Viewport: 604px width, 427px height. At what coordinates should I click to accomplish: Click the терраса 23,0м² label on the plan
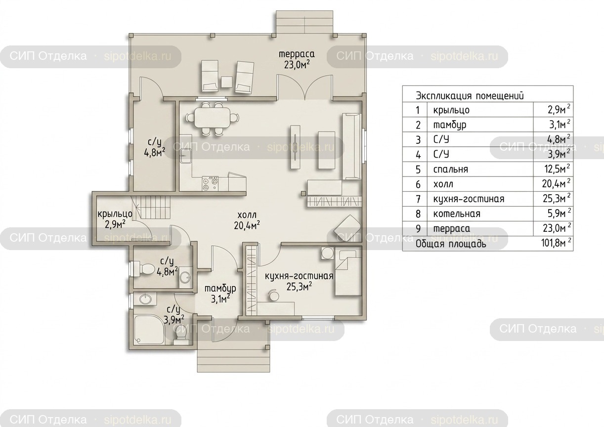coord(297,60)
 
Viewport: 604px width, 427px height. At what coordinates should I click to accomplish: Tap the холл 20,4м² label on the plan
coord(247,220)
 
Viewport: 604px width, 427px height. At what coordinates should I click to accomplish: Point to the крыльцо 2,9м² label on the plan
coord(115,219)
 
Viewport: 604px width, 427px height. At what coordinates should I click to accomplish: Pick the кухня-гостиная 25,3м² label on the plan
coord(299,281)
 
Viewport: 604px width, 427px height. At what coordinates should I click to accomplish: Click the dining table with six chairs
coord(213,119)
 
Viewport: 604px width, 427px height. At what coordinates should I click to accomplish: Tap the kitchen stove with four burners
coord(210,183)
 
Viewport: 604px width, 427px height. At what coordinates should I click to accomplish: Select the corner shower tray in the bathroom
coord(149,329)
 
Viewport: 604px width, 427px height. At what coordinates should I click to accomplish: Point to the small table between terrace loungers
coord(227,82)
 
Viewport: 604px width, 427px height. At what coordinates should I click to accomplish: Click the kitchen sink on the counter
coord(185,156)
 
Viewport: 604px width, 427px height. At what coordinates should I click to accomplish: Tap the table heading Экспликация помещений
coord(470,96)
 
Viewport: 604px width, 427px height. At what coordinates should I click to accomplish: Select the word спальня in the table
coord(451,170)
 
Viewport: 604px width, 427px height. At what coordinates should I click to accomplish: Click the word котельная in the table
coord(457,214)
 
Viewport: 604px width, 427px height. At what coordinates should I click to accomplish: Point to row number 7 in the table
coord(418,199)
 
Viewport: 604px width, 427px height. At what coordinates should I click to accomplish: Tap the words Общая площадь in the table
coord(451,244)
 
